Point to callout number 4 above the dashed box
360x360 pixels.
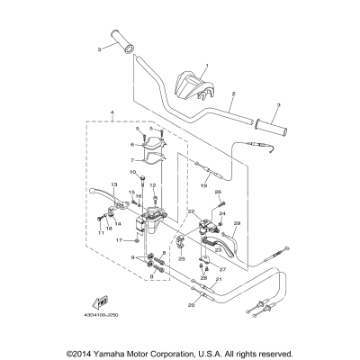click(112, 113)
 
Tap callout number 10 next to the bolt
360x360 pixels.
click(131, 172)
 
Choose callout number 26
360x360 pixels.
click(217, 192)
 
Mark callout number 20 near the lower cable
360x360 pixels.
click(191, 306)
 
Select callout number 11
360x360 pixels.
click(101, 233)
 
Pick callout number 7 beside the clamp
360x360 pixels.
click(130, 159)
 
